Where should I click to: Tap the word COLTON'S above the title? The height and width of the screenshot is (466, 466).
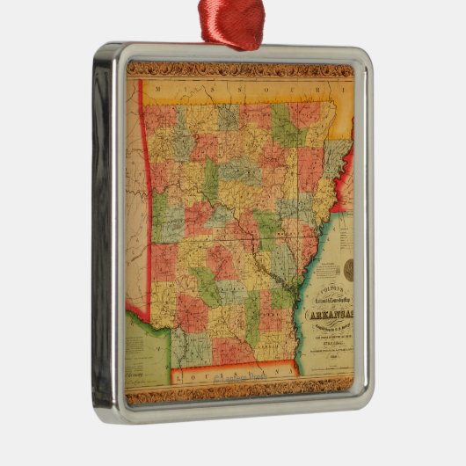coord(326,273)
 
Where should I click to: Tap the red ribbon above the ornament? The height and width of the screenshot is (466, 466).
coord(231,22)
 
